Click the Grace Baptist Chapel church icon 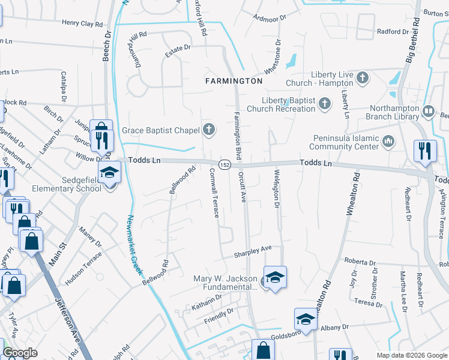[x=208, y=130]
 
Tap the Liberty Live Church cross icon [x=362, y=77]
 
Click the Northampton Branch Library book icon [x=428, y=111]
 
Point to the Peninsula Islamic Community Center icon [x=388, y=142]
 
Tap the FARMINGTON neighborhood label [x=234, y=80]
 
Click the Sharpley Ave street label [x=253, y=248]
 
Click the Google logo [x=20, y=353]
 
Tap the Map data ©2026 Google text [x=411, y=355]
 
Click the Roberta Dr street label [x=359, y=262]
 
